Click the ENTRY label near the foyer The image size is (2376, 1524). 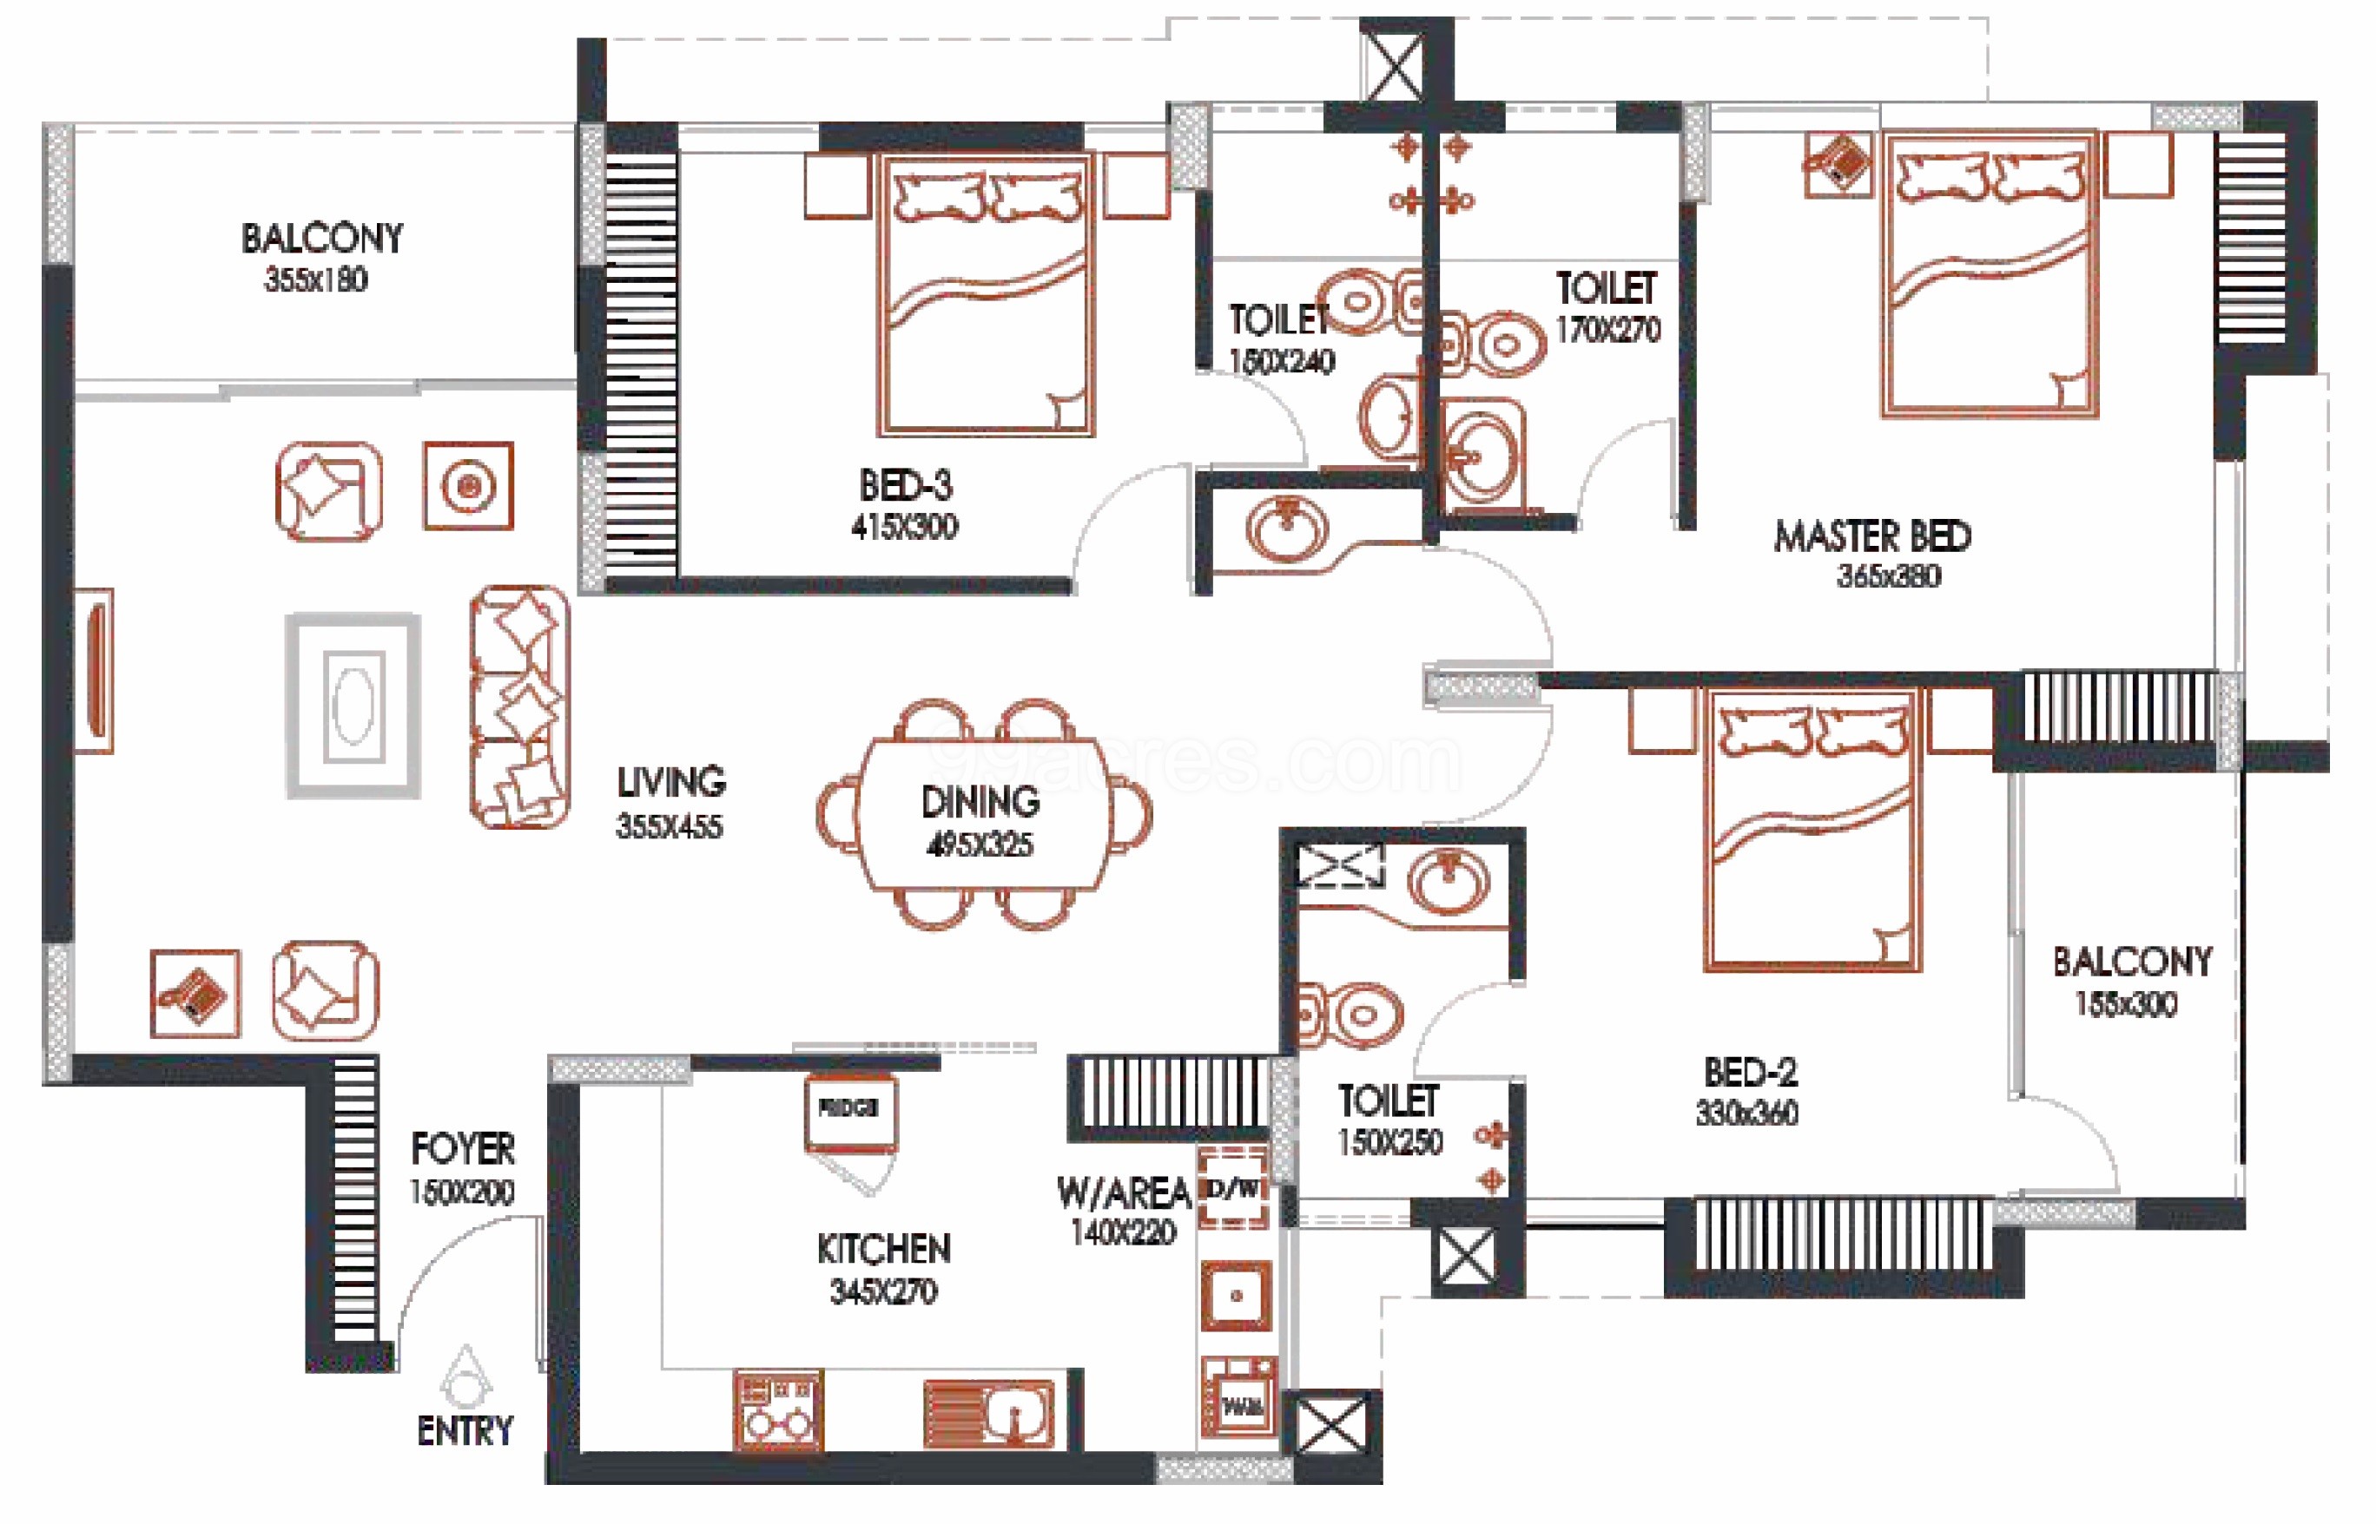click(x=465, y=1431)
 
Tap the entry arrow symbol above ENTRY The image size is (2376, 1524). click(x=465, y=1376)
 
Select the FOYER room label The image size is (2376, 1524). click(x=462, y=1149)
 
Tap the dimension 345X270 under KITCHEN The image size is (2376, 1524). click(x=883, y=1291)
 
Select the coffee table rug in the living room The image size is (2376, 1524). click(x=353, y=706)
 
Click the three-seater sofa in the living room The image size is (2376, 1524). click(x=519, y=706)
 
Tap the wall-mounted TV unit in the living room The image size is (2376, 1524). click(x=95, y=671)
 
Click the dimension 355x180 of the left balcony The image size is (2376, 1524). click(x=316, y=280)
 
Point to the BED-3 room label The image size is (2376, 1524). click(x=905, y=486)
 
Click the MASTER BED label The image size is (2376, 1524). click(x=1872, y=536)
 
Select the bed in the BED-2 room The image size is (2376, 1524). click(x=1812, y=831)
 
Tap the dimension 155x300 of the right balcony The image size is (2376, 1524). click(x=2126, y=1004)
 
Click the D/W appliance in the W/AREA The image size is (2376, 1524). click(x=1233, y=1188)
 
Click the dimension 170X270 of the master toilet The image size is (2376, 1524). click(x=1607, y=330)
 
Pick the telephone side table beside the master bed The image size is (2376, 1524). click(x=1838, y=163)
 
